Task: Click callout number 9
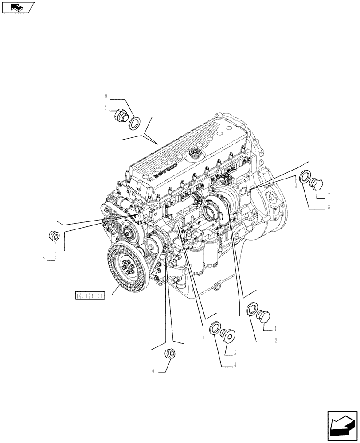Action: tap(106, 96)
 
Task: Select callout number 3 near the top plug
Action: tap(106, 107)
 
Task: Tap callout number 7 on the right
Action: tap(329, 194)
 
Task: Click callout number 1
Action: tap(275, 329)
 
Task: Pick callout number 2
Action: tap(275, 341)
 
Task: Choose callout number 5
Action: tap(235, 353)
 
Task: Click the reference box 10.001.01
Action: tap(89, 295)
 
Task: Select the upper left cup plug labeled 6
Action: tap(54, 236)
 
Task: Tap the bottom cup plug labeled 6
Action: tap(169, 354)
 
